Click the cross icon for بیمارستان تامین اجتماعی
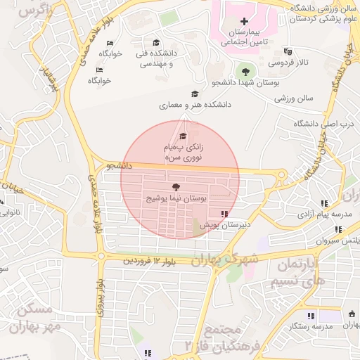tap(244, 22)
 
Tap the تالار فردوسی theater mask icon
tap(287, 51)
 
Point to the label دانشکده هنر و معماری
tap(194, 105)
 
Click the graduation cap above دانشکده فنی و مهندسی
tap(156, 42)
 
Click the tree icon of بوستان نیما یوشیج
tap(175, 187)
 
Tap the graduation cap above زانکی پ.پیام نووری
tap(182, 135)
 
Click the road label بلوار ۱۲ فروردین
tap(151, 261)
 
